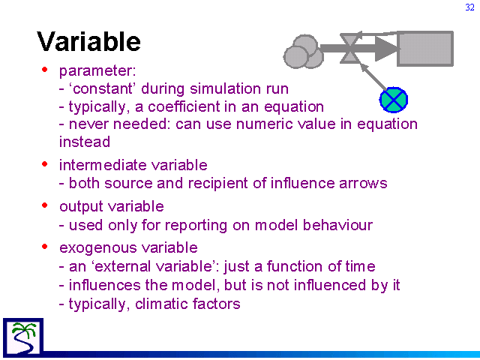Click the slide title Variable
click(88, 41)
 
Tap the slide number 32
click(469, 7)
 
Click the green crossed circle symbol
click(394, 100)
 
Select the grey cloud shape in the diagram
click(304, 52)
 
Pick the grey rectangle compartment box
click(425, 48)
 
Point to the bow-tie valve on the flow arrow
click(349, 48)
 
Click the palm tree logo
click(23, 337)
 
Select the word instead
click(85, 142)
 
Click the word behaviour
click(337, 225)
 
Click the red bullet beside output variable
click(45, 205)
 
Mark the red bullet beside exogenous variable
click(45, 246)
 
